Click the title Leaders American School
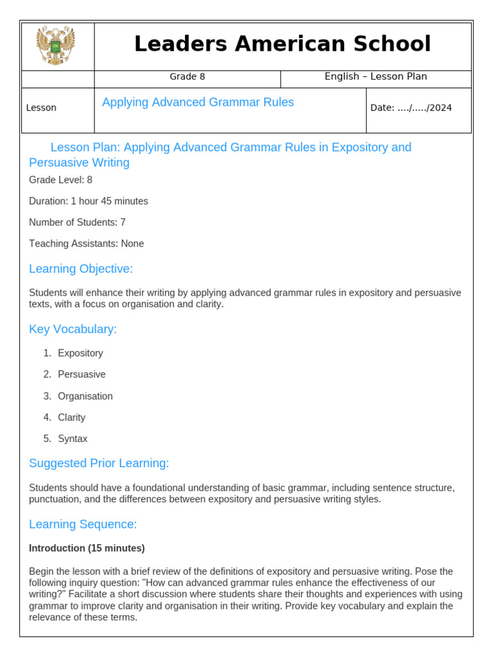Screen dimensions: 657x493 pyautogui.click(x=282, y=44)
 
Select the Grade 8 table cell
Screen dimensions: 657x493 pyautogui.click(x=187, y=77)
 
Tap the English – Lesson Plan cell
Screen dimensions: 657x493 pyautogui.click(x=376, y=77)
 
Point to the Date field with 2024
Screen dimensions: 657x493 pyautogui.click(x=411, y=108)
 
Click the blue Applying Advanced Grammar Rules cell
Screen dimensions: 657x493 pyautogui.click(x=198, y=103)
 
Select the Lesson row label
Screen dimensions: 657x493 pyautogui.click(x=41, y=108)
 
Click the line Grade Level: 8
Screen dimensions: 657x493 pyautogui.click(x=61, y=180)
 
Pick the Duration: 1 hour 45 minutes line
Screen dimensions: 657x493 pyautogui.click(x=89, y=201)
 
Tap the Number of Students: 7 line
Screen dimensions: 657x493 pyautogui.click(x=77, y=223)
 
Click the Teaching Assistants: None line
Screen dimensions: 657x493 pyautogui.click(x=87, y=244)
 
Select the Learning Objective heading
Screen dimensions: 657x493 pyautogui.click(x=81, y=269)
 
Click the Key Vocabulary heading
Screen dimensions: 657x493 pyautogui.click(x=73, y=330)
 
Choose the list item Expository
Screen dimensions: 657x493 pyautogui.click(x=80, y=354)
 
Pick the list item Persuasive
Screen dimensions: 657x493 pyautogui.click(x=82, y=375)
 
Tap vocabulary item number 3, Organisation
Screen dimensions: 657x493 pyautogui.click(x=85, y=397)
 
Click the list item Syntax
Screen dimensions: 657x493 pyautogui.click(x=73, y=439)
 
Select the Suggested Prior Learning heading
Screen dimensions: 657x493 pyautogui.click(x=99, y=464)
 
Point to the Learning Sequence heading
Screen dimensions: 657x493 pyautogui.click(x=83, y=525)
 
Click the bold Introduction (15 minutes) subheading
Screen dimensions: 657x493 pyautogui.click(x=87, y=549)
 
